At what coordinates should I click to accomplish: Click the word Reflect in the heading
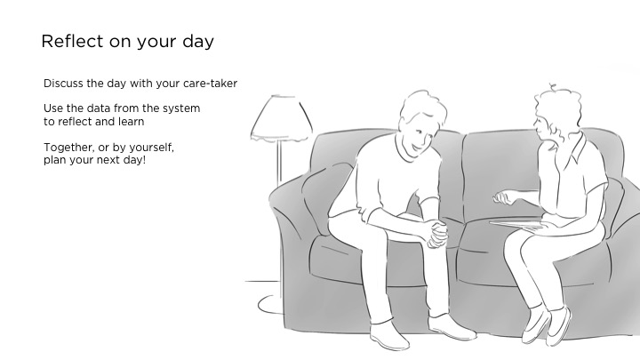(x=72, y=41)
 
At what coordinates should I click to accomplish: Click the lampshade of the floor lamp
(x=282, y=118)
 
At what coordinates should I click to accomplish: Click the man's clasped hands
(x=437, y=235)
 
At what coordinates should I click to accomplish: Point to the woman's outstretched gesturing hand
(x=504, y=197)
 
